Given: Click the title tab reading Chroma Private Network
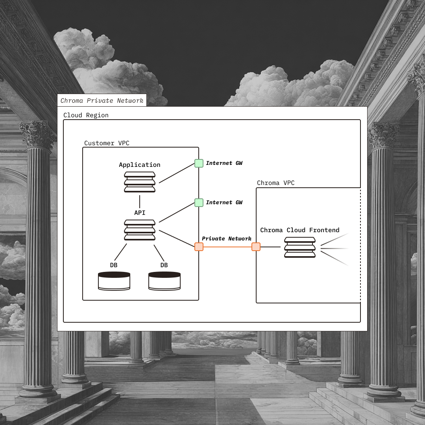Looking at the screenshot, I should coord(102,100).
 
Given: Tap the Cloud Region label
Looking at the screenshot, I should coord(86,115).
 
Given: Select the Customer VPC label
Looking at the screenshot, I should coord(107,143).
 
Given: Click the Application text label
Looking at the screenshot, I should coord(140,165).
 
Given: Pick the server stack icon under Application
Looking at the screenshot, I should coord(140,182).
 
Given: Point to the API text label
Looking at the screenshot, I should coord(140,213).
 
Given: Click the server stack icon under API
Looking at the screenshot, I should coord(140,230).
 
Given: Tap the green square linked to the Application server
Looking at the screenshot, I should coord(199,163).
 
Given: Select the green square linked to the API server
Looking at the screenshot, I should coord(199,203).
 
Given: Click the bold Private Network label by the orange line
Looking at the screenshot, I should coord(227,239).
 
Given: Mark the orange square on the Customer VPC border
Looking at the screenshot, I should coord(199,247).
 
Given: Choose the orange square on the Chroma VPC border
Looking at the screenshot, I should coord(256,247).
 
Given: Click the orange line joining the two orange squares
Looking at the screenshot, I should coord(227,247).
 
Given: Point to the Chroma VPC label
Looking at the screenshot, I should coord(275,183).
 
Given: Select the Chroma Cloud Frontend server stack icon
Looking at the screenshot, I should coord(300,247).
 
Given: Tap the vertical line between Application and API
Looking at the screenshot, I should coord(140,201).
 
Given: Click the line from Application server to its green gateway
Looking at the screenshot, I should coord(177,173).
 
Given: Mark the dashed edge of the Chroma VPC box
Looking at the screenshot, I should coord(360,244).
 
